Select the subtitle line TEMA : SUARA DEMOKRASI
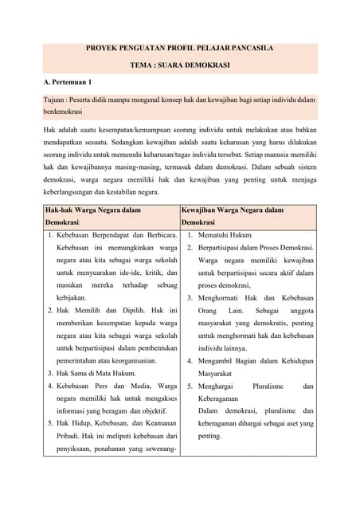pos(180,65)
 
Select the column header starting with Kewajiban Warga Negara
pos(232,210)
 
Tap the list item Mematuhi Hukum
pos(225,236)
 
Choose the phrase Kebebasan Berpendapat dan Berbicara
pos(115,236)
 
